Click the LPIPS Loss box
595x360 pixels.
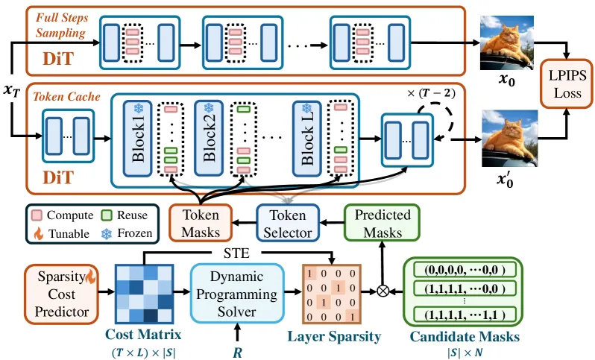click(x=567, y=83)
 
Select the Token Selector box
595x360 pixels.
click(x=288, y=223)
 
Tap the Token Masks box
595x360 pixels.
click(x=201, y=223)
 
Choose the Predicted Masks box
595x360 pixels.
click(x=382, y=223)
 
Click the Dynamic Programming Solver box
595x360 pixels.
click(x=237, y=294)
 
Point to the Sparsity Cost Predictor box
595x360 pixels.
click(x=61, y=294)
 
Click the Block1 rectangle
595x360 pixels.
click(x=137, y=139)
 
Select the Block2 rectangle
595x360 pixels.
click(x=209, y=139)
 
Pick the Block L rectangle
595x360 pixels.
click(x=307, y=139)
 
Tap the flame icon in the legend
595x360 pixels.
click(x=38, y=233)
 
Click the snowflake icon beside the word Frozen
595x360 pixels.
click(x=107, y=233)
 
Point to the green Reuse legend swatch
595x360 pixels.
click(x=107, y=215)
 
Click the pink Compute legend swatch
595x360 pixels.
click(x=37, y=215)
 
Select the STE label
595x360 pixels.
click(x=237, y=253)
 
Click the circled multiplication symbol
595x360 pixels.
click(x=383, y=291)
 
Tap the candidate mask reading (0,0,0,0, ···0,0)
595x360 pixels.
click(x=465, y=270)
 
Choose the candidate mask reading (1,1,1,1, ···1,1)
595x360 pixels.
click(x=465, y=315)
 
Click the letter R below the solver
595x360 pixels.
click(x=237, y=353)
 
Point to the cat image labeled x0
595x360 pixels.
click(x=507, y=43)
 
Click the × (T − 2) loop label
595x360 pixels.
click(x=431, y=93)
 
